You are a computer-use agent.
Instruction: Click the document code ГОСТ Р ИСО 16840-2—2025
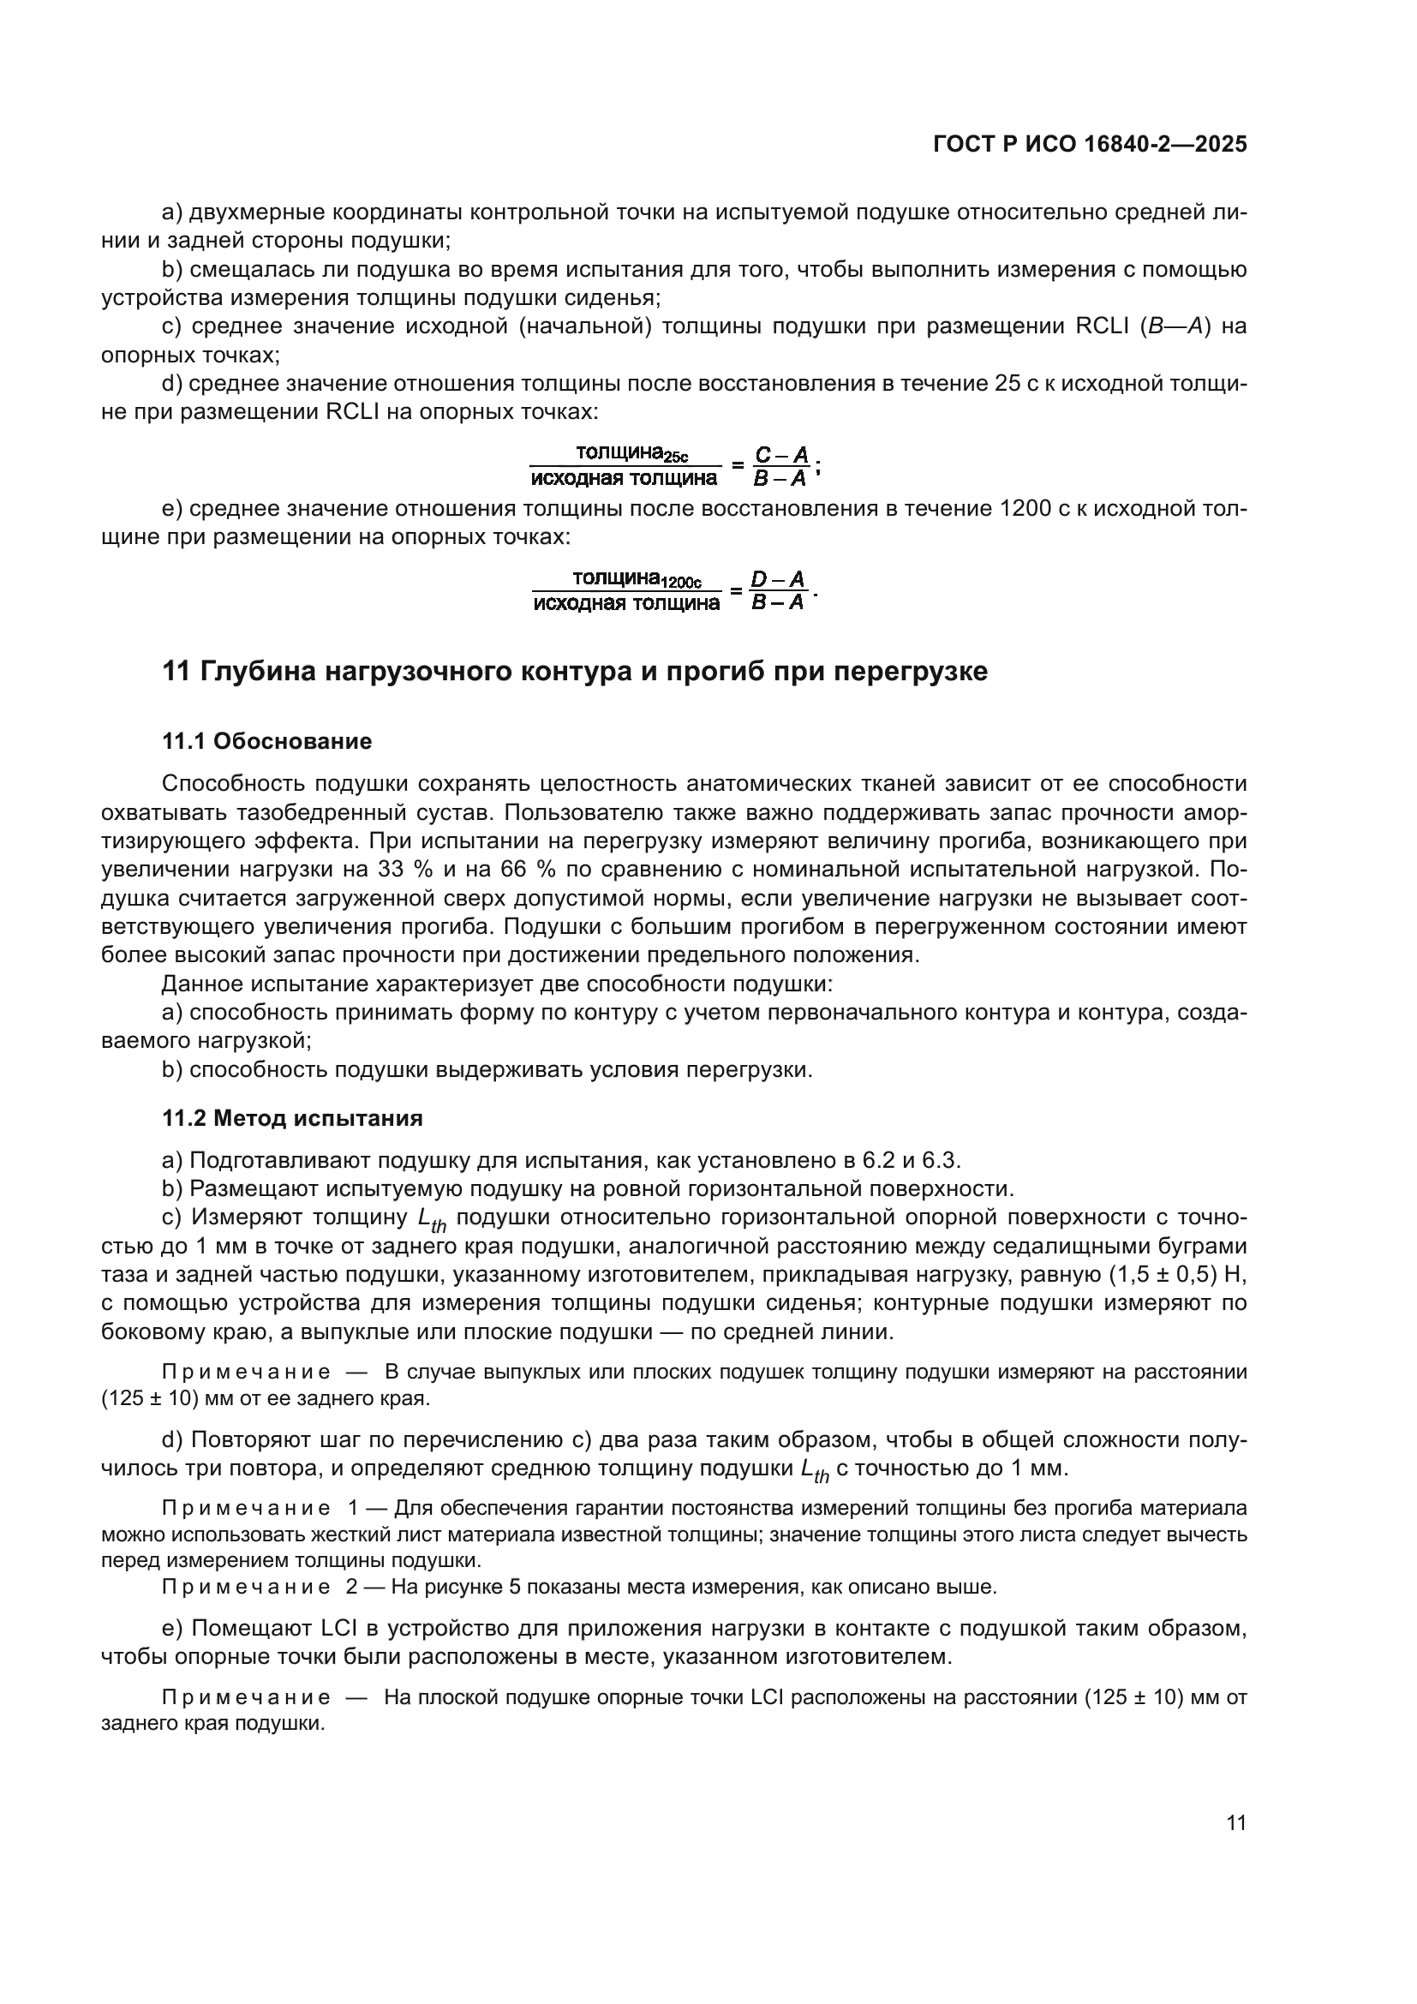[1090, 144]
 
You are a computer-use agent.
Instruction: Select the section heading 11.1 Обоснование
[267, 741]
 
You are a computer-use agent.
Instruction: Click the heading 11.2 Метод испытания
[292, 1118]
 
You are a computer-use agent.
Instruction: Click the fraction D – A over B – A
[778, 591]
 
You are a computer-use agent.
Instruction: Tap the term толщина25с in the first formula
[631, 453]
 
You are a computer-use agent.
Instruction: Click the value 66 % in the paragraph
[522, 870]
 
